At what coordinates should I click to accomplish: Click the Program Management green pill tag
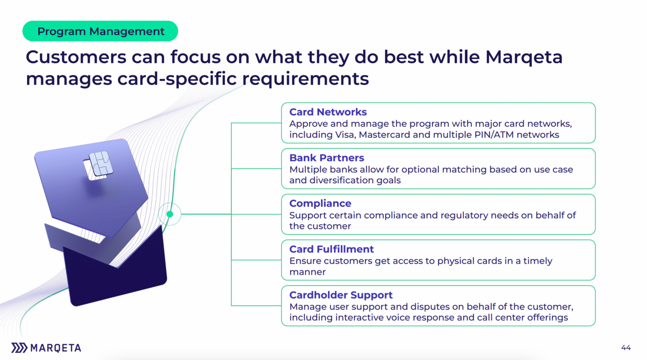click(x=100, y=31)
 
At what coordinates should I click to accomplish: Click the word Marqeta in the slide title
click(x=524, y=57)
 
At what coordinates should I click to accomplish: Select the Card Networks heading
click(x=328, y=112)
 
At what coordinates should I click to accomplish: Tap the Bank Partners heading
click(x=327, y=158)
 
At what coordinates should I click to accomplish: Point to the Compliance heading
click(x=320, y=203)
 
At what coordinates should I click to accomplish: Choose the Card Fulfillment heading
click(x=332, y=249)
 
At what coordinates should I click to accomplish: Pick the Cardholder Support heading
click(x=341, y=295)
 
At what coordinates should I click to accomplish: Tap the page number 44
click(x=625, y=347)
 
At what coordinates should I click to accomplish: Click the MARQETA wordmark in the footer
click(x=56, y=348)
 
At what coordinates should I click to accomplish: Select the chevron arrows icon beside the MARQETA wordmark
click(x=19, y=348)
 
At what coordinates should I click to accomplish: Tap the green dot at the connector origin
click(x=170, y=214)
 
